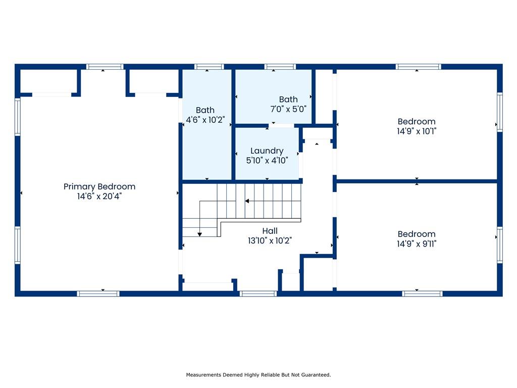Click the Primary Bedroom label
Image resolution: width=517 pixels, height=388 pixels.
tap(99, 187)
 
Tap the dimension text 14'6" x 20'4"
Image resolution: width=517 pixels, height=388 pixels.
tap(99, 197)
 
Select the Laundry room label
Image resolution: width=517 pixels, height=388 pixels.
tap(267, 151)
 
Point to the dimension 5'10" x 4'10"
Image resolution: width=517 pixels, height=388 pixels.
tap(267, 161)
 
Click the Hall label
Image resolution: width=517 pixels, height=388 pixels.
tap(270, 231)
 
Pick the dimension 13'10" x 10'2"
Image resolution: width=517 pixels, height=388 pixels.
tap(270, 241)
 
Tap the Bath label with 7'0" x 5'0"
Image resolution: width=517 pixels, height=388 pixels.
tap(288, 100)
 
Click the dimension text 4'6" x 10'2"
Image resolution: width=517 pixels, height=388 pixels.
tap(205, 120)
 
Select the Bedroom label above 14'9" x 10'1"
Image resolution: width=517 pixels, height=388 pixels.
tap(417, 121)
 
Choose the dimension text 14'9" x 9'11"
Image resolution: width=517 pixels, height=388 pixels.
tap(417, 244)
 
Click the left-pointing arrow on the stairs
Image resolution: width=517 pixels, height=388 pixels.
tap(247, 201)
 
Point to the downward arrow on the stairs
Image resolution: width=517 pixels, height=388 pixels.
tap(200, 234)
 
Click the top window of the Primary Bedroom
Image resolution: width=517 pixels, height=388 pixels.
tap(105, 67)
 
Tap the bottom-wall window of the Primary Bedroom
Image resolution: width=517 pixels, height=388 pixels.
tap(98, 294)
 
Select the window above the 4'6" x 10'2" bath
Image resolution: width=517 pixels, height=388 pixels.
tap(209, 67)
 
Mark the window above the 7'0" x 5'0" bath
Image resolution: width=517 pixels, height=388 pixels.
tap(280, 67)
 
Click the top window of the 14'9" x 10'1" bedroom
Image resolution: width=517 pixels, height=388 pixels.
tap(419, 67)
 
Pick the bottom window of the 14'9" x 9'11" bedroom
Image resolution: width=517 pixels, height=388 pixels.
tap(423, 294)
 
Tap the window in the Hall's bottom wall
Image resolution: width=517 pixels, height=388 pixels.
tap(258, 294)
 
